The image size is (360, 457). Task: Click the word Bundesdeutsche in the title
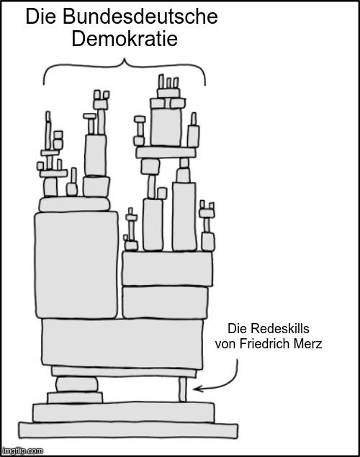tap(140, 17)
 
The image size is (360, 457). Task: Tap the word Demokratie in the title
tap(125, 39)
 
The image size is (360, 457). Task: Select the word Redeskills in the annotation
tap(280, 329)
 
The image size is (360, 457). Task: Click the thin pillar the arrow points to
tap(182, 389)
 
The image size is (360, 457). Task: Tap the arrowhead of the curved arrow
tap(197, 389)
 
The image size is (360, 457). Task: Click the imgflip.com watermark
tap(22, 451)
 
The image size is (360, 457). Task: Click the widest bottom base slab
tap(128, 430)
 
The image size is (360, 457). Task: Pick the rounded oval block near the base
tap(77, 384)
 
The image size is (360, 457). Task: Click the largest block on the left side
tap(76, 265)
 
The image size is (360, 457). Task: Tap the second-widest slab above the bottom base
tap(124, 412)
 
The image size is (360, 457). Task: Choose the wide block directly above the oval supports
tap(122, 344)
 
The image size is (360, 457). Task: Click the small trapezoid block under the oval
tap(75, 397)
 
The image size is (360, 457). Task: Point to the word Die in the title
tap(41, 17)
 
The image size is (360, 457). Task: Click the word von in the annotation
tap(226, 345)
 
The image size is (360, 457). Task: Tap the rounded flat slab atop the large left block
tap(75, 204)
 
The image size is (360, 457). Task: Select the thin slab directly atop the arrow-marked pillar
tap(124, 372)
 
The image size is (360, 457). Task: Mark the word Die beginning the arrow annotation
tap(238, 329)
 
